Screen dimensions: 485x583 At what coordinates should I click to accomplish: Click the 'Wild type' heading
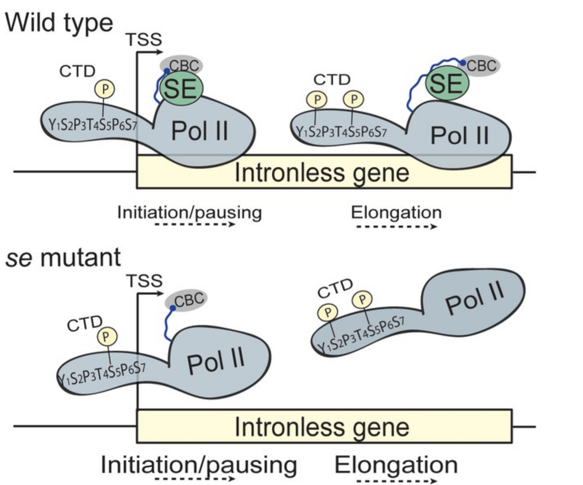click(x=58, y=23)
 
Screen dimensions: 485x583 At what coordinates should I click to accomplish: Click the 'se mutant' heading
click(x=63, y=258)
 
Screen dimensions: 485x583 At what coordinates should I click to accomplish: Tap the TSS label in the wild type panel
click(x=144, y=40)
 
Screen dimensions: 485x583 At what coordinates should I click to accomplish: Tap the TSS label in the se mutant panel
click(x=144, y=281)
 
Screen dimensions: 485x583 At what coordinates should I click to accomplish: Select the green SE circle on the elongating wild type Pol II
click(x=447, y=84)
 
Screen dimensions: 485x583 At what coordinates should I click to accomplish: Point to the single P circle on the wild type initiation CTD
click(x=105, y=89)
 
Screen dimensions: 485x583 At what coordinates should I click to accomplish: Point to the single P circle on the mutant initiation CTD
click(x=107, y=337)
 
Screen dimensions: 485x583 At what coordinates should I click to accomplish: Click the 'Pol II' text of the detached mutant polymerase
click(x=474, y=298)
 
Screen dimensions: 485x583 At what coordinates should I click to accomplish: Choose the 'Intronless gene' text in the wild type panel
click(x=322, y=173)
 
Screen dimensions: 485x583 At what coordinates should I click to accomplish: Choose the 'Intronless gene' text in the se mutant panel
click(x=322, y=427)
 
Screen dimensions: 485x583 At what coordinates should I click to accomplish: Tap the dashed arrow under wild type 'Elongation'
click(x=396, y=226)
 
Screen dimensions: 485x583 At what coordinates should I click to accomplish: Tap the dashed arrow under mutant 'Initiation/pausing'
click(x=195, y=478)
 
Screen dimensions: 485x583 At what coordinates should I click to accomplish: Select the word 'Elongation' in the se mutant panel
click(x=396, y=465)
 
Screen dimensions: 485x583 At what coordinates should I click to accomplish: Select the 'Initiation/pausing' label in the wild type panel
click(x=189, y=212)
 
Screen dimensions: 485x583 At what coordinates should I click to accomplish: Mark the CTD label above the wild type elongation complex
click(x=331, y=79)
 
